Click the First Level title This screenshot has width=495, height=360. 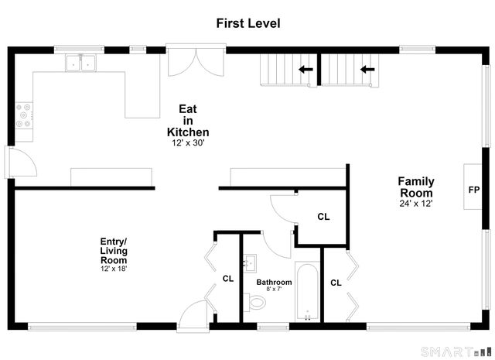click(x=248, y=23)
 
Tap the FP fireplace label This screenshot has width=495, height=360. click(x=474, y=190)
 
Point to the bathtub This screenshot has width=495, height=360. click(x=307, y=291)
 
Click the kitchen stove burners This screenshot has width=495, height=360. click(x=24, y=115)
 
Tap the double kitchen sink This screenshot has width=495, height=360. click(x=80, y=63)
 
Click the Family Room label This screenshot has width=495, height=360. click(x=416, y=187)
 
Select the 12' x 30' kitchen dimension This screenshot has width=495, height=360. click(x=189, y=143)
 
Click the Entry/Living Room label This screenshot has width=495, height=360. click(x=114, y=251)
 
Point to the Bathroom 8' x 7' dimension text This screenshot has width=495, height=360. click(x=274, y=289)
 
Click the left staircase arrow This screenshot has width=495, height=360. click(x=306, y=69)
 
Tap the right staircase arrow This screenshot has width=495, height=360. click(x=367, y=69)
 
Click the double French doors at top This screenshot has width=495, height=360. click(x=196, y=62)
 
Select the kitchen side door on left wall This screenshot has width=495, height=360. click(x=21, y=162)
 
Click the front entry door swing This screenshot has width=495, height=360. click(x=193, y=316)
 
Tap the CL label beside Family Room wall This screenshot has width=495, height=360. click(x=336, y=283)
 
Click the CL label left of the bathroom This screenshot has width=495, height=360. click(x=228, y=279)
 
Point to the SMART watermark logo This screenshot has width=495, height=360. click(x=456, y=351)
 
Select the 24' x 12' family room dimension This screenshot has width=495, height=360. click(x=416, y=204)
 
